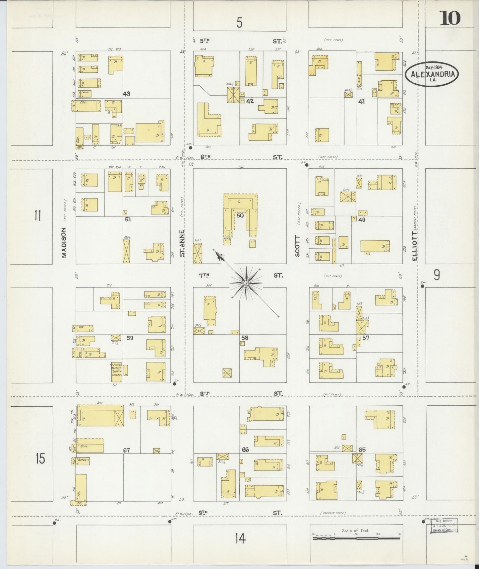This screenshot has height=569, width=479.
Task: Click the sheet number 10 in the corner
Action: pyautogui.click(x=450, y=18)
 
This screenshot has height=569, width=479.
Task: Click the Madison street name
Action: pyautogui.click(x=64, y=242)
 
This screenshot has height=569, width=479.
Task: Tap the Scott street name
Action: pyautogui.click(x=297, y=246)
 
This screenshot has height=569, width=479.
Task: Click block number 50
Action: pyautogui.click(x=240, y=216)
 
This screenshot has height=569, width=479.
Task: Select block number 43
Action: pyautogui.click(x=126, y=94)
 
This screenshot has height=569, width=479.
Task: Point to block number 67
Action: pyautogui.click(x=126, y=450)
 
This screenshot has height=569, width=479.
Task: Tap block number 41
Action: pyautogui.click(x=361, y=102)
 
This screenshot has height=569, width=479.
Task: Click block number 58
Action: pyautogui.click(x=245, y=338)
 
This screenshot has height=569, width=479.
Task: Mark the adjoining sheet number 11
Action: pyautogui.click(x=37, y=216)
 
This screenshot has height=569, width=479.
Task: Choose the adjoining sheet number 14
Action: pyautogui.click(x=240, y=538)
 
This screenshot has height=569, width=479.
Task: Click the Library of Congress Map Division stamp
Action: pyautogui.click(x=444, y=526)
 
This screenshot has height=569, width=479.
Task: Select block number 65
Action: pyautogui.click(x=362, y=450)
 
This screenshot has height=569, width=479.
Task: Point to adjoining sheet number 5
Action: pyautogui.click(x=239, y=23)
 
